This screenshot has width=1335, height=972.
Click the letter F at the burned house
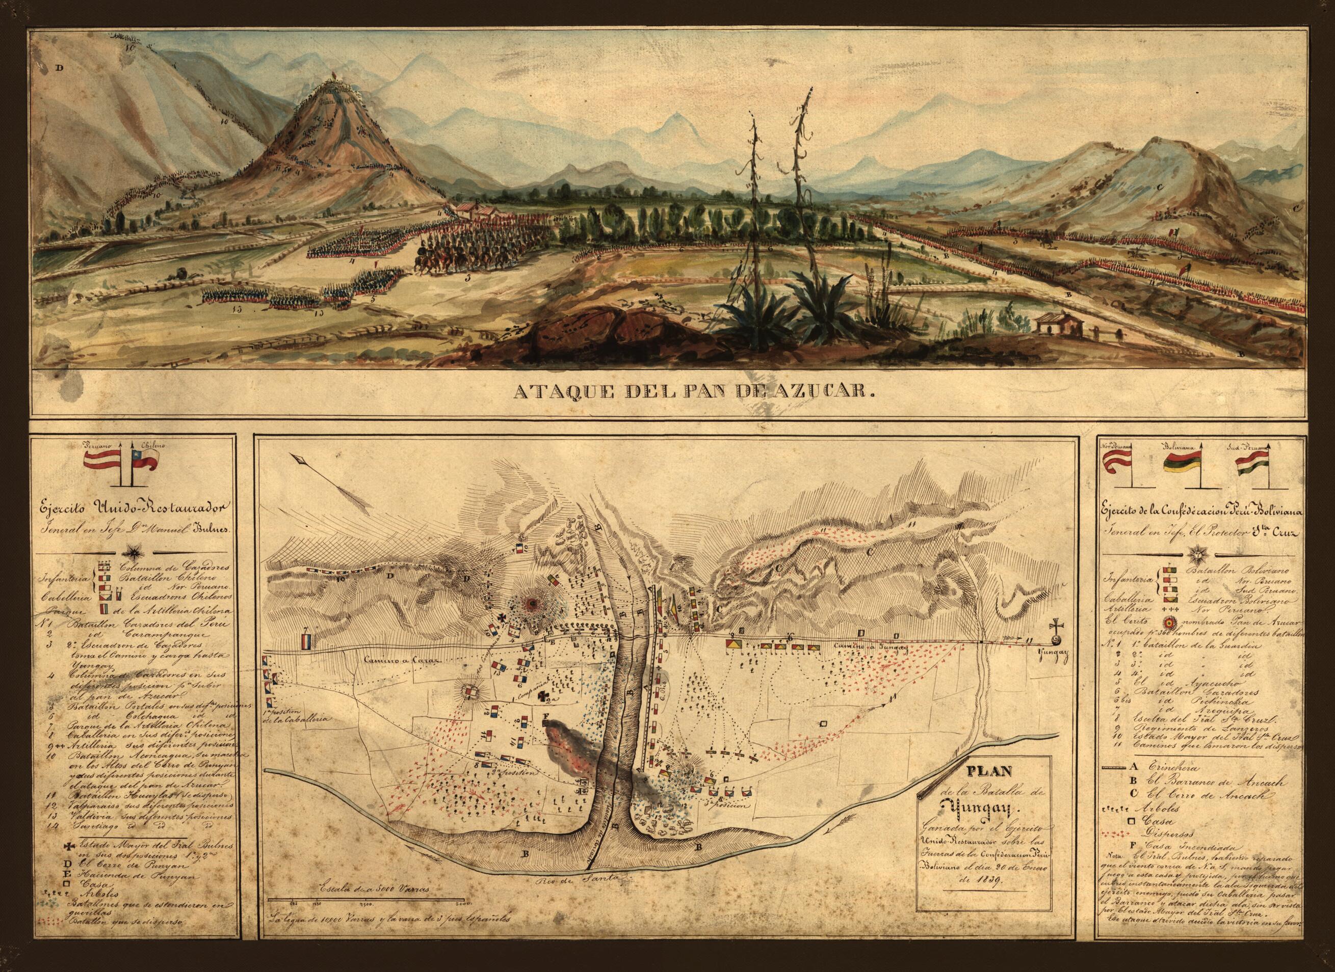point(545,718)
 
